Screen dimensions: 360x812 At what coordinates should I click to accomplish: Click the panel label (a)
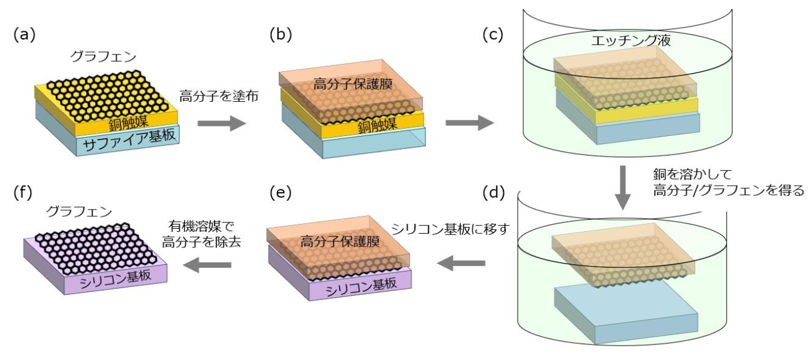[x=25, y=35]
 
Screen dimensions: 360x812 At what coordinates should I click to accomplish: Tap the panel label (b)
[x=280, y=35]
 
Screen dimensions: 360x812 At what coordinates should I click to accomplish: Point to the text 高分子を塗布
[x=218, y=96]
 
